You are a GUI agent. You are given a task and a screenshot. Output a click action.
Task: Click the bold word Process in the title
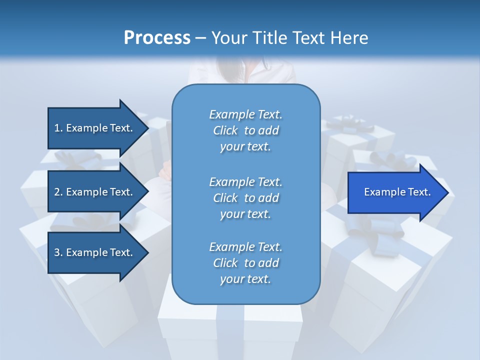[x=157, y=37]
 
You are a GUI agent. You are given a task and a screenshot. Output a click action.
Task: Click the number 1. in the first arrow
[x=58, y=128]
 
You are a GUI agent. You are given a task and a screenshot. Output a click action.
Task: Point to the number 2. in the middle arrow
[x=58, y=192]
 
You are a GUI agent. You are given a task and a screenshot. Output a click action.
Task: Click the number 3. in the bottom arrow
[x=58, y=252]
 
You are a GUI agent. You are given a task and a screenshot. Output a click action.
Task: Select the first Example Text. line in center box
[x=245, y=114]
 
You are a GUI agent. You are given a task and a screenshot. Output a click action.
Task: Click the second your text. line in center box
[x=245, y=214]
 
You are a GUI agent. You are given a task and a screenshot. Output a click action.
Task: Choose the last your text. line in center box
[x=245, y=279]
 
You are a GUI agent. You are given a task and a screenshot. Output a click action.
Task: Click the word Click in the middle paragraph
[x=225, y=198]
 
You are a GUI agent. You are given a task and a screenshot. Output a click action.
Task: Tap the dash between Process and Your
[x=200, y=37]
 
